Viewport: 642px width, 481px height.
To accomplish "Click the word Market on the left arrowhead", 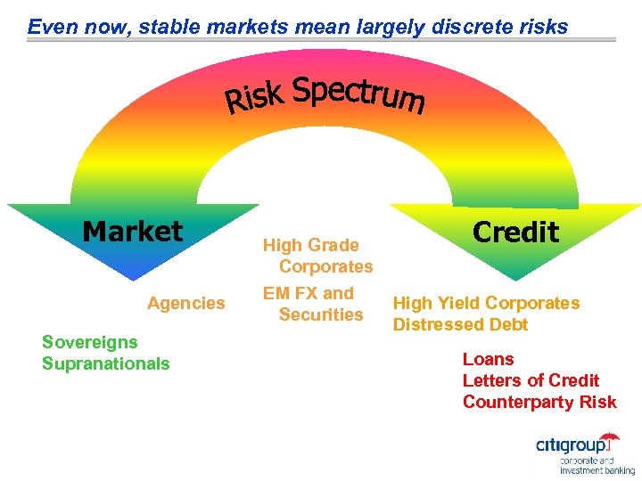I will [132, 232].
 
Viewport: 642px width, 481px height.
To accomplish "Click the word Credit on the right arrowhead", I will [515, 232].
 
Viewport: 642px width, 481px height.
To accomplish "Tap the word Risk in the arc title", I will [253, 98].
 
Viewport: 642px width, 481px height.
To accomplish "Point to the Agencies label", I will [186, 304].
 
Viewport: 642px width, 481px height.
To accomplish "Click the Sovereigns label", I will [90, 342].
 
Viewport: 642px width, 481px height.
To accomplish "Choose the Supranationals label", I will [105, 363].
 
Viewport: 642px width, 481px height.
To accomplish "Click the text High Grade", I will [310, 245].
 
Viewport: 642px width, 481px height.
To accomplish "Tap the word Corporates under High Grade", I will [325, 266].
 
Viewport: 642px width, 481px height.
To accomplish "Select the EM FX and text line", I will [308, 293].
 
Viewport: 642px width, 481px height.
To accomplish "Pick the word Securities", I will [321, 314].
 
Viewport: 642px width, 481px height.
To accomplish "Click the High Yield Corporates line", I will [487, 303].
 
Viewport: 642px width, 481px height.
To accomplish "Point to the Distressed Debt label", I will [461, 324].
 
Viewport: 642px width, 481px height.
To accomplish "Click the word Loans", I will [488, 359].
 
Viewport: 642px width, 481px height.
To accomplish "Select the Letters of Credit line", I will [531, 380].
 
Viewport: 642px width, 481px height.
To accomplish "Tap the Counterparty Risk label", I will [539, 402].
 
